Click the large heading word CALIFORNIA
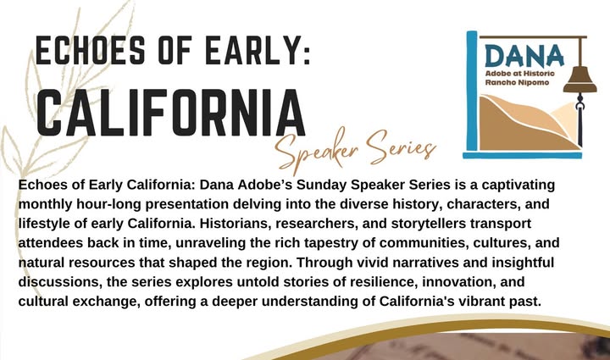click(x=171, y=112)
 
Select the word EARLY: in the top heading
click(x=258, y=50)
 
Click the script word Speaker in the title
click(x=316, y=152)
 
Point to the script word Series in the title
click(x=402, y=147)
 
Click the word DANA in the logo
click(x=524, y=56)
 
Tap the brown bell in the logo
click(x=580, y=80)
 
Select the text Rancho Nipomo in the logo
click(x=517, y=82)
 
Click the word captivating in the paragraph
click(x=518, y=185)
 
